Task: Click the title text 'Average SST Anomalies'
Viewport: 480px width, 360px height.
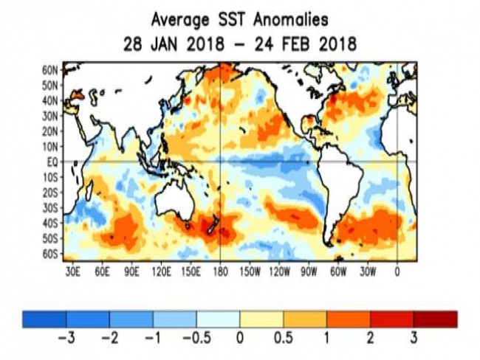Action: coord(240,18)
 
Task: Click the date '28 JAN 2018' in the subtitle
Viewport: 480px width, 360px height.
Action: coord(169,44)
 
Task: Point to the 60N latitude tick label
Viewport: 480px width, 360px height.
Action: coord(50,69)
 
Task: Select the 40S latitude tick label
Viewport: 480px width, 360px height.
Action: coord(50,223)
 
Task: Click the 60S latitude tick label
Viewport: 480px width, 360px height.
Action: coord(50,254)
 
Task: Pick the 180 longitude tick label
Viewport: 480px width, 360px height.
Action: coord(221,271)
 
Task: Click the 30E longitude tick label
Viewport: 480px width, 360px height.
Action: coord(72,271)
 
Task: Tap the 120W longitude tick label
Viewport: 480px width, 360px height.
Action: coord(280,271)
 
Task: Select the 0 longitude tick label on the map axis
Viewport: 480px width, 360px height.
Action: coord(398,271)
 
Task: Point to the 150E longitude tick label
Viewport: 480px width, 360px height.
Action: coord(191,271)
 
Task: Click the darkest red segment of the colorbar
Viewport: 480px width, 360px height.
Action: coord(435,319)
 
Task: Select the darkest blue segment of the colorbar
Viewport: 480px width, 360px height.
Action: coord(44,319)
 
